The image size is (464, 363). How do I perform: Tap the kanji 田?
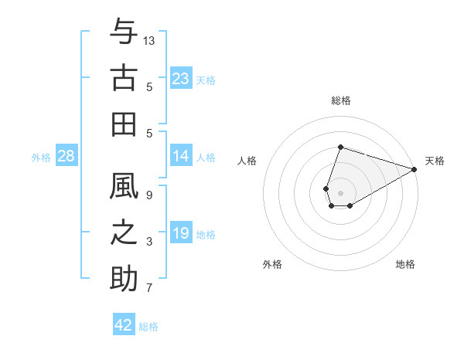tap(124, 124)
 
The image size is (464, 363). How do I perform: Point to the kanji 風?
tap(124, 187)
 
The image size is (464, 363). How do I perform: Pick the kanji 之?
tap(124, 233)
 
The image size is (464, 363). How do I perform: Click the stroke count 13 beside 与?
tap(149, 39)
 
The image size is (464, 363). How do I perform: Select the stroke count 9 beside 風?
tap(148, 195)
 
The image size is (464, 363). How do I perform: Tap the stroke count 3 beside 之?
tap(148, 242)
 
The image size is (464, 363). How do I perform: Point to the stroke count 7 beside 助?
tap(148, 288)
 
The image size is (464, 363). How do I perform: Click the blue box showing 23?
tap(181, 79)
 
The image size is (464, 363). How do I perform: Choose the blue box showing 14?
tap(181, 157)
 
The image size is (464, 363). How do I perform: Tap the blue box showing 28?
tap(67, 157)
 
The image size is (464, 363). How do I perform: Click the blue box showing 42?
tap(124, 325)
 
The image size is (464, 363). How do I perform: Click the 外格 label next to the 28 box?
tap(42, 158)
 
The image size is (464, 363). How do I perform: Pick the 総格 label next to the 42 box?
tap(148, 327)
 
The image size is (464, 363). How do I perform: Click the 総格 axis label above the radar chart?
tap(340, 100)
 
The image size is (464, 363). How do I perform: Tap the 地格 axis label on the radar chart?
tap(405, 264)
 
